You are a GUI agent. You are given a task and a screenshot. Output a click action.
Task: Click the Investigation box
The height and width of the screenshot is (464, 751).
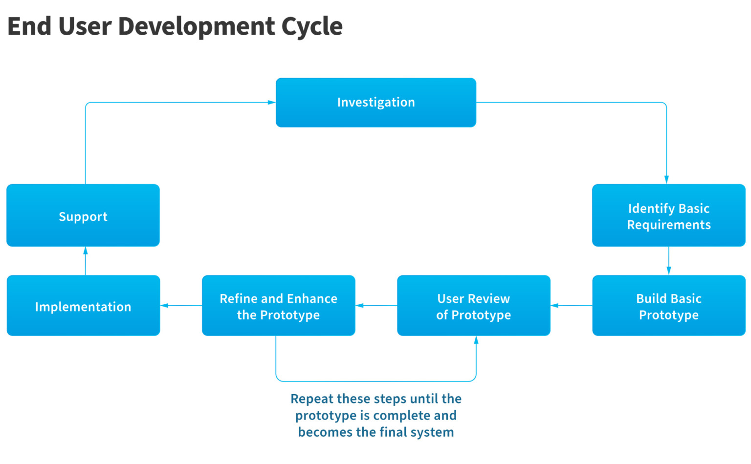375,103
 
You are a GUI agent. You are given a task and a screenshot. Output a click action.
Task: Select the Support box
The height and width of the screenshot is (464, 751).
83,215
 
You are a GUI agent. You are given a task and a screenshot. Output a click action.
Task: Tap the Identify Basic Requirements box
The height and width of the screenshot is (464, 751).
668,215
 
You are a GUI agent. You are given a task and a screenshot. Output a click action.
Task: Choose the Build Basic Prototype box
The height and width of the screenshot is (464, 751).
668,306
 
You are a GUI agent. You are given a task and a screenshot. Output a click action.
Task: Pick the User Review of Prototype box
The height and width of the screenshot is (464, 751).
473,306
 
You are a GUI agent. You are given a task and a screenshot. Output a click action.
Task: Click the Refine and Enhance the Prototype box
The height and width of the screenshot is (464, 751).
278,306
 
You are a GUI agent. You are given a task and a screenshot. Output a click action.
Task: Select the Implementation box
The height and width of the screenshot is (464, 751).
83,306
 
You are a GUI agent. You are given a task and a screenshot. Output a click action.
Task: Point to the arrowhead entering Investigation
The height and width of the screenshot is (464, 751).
271,103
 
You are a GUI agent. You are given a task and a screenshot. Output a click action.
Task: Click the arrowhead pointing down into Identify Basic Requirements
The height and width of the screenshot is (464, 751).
666,180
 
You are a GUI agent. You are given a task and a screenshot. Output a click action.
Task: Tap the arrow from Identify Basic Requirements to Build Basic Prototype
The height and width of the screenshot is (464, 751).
669,261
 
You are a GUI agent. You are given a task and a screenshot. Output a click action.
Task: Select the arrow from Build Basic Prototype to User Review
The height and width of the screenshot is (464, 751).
571,306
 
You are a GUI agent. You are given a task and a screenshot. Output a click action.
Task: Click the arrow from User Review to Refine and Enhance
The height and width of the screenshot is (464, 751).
376,306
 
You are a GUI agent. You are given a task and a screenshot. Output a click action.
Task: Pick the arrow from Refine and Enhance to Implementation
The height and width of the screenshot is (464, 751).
181,306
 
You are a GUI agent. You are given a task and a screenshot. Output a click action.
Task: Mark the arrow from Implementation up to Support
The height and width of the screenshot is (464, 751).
86,261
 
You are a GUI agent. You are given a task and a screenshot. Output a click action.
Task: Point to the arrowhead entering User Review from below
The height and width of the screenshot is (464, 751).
476,340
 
